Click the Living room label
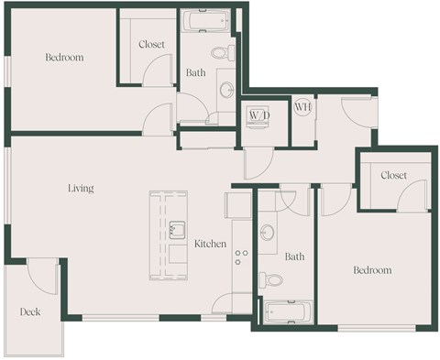tap(81, 189)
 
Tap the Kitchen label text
tap(210, 244)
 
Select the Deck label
tap(30, 312)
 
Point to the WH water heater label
tap(303, 107)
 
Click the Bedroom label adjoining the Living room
tap(64, 58)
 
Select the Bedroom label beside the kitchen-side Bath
tap(373, 270)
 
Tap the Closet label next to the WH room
tap(393, 175)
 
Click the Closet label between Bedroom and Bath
tap(151, 45)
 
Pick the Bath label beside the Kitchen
tap(294, 257)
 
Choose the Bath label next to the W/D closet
tap(195, 71)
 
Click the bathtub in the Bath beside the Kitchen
tap(286, 312)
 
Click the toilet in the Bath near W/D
tap(222, 53)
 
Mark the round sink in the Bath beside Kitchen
tap(268, 233)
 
